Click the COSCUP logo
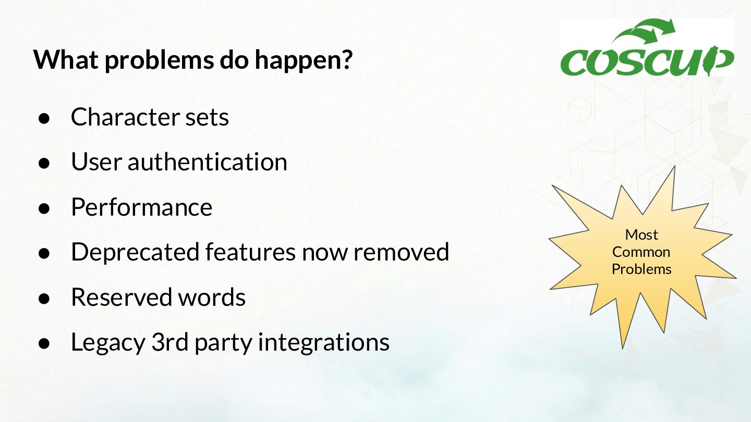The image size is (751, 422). tap(647, 47)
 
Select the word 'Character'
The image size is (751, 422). tap(125, 117)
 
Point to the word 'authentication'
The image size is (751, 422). tap(207, 162)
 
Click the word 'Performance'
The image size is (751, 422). tap(141, 207)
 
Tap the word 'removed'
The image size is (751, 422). tap(402, 252)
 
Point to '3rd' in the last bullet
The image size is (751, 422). tap(169, 342)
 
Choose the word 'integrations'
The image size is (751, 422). tap(323, 343)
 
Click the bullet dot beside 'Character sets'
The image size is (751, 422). tap(44, 118)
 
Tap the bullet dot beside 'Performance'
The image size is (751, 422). tap(44, 208)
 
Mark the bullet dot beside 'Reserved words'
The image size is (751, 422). tap(44, 298)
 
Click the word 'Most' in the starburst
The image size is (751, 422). tap(641, 235)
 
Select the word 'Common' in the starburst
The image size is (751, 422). tap(641, 252)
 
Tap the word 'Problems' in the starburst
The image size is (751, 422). tap(641, 269)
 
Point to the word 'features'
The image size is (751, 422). tap(250, 252)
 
